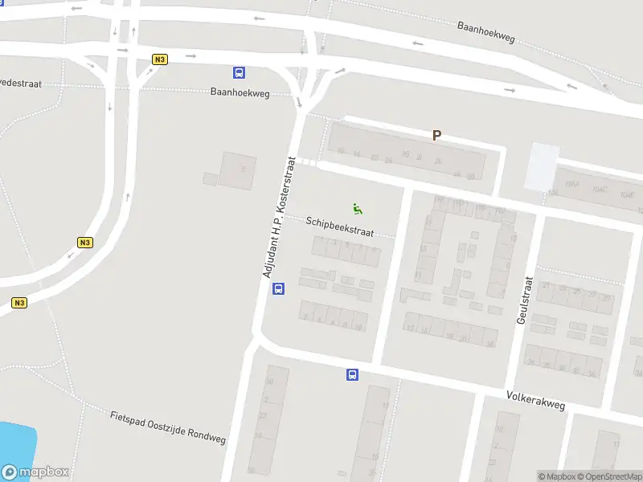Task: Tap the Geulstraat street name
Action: coord(525,300)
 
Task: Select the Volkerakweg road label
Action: coord(535,401)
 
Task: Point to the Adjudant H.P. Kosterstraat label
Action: coord(280,218)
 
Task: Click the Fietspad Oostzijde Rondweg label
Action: coord(167,427)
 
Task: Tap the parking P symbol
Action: coord(437,136)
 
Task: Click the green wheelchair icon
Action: coord(358,209)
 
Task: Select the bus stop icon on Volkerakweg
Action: coord(352,374)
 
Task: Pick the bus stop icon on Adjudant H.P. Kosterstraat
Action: coord(279,289)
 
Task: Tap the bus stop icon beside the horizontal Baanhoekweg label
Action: coord(239,73)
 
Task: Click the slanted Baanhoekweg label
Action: coord(485,31)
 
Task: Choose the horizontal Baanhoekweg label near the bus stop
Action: coord(240,92)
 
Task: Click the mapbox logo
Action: coord(35,472)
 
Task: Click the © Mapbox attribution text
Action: coord(556,476)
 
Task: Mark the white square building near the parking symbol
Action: coord(542,166)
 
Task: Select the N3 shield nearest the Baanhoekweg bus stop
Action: coord(159,59)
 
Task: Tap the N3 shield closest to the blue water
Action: coord(20,303)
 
